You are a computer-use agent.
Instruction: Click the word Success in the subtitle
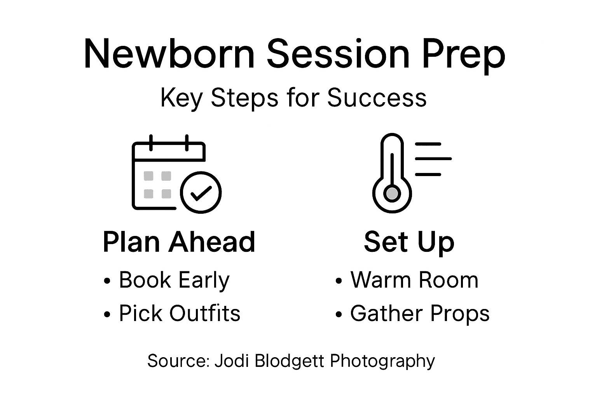point(377,98)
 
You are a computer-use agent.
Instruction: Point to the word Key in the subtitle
point(181,98)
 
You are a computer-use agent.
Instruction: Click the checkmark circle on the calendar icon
point(201,192)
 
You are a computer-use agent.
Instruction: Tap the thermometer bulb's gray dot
point(392,193)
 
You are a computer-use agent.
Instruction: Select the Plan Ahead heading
point(179,242)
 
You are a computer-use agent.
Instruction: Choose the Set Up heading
point(409,242)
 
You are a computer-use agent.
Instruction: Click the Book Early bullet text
point(174,280)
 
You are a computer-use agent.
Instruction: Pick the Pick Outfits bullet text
point(180,313)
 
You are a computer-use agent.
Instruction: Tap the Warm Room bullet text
point(414,280)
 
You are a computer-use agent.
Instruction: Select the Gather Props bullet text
point(420,314)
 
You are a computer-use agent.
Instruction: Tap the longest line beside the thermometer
point(433,159)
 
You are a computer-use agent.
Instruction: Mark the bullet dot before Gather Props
point(339,314)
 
